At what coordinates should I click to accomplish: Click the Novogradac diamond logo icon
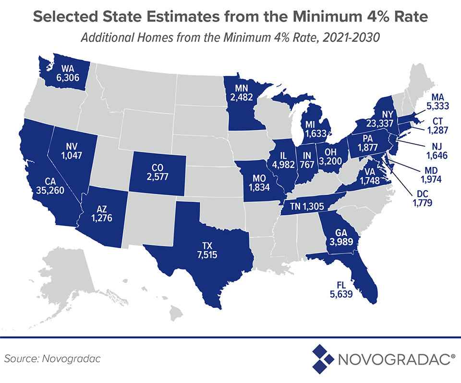tap(323, 358)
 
